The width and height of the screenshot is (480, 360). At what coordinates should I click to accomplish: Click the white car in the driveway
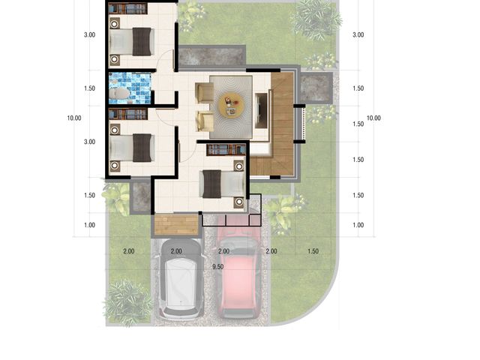click(181, 278)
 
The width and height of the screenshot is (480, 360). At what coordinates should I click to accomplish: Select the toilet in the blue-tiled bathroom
click(119, 93)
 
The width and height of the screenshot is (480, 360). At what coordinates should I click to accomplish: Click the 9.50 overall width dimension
click(217, 267)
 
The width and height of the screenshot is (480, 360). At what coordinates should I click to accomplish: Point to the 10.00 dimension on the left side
click(74, 118)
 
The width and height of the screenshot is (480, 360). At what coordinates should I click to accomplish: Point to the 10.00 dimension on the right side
click(373, 118)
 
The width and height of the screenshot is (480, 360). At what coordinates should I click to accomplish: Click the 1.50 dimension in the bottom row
click(313, 251)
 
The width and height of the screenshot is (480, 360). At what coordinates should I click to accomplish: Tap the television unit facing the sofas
click(262, 110)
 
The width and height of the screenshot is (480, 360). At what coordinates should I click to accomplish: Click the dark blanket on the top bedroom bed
click(142, 42)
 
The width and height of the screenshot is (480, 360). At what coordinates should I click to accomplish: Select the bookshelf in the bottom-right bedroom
click(226, 150)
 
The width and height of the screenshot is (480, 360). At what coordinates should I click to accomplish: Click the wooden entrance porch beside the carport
click(176, 225)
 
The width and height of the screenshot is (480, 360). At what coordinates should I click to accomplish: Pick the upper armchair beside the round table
click(204, 92)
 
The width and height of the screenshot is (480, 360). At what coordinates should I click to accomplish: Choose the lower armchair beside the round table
click(205, 121)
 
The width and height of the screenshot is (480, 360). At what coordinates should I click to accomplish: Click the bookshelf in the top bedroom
click(127, 8)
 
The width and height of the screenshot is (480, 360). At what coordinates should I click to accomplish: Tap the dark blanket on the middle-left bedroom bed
click(142, 148)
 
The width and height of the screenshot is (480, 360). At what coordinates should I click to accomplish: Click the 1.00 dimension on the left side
click(89, 225)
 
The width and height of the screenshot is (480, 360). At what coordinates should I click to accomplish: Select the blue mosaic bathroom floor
click(130, 88)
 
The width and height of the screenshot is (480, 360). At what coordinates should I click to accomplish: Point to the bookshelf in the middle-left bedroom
click(128, 114)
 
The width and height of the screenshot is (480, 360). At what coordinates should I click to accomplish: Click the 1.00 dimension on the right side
click(358, 225)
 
